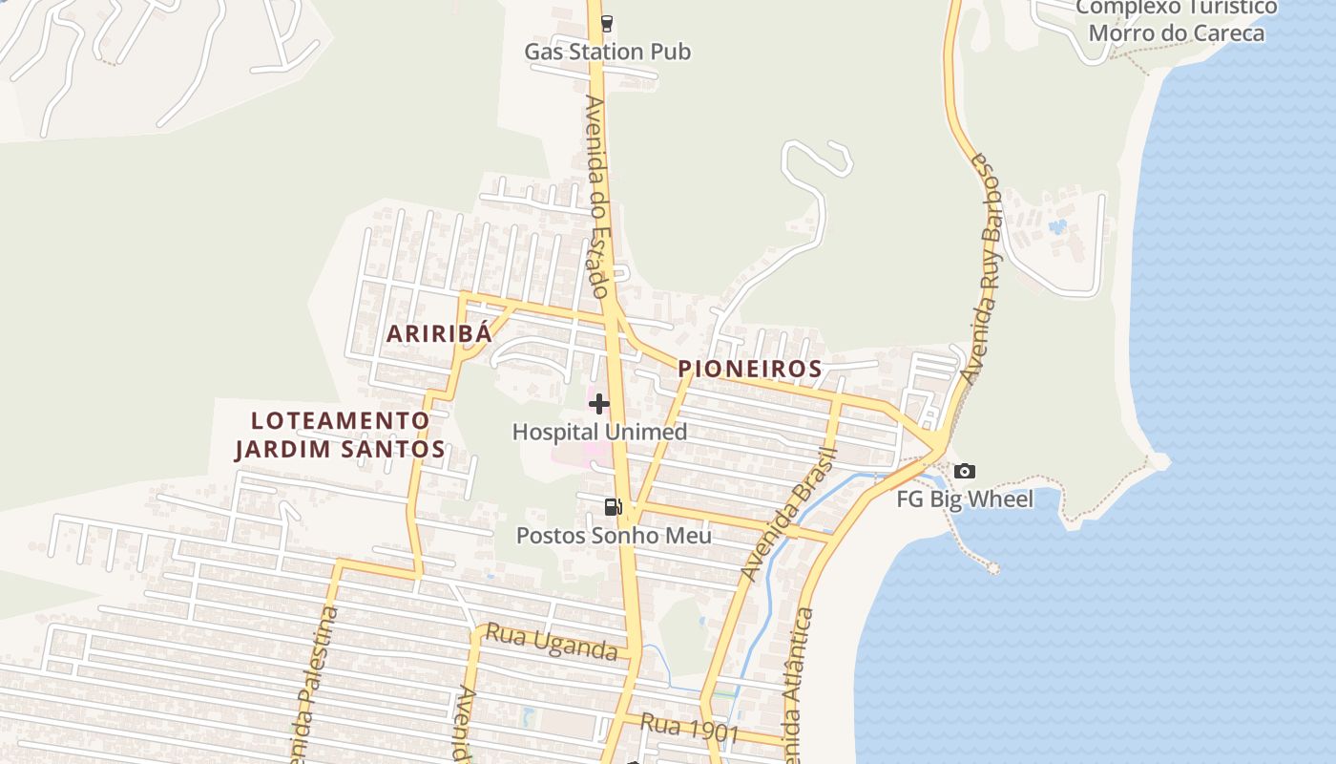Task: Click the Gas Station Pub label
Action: pos(607,52)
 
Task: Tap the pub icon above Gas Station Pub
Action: pos(607,24)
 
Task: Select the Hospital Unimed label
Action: pos(599,432)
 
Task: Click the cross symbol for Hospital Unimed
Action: pos(599,404)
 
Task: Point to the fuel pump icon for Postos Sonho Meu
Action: pos(613,507)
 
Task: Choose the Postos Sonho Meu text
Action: pos(614,536)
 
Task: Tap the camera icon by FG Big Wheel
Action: pos(965,471)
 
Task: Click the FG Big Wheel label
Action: pos(965,499)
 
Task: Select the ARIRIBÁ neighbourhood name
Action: pos(439,333)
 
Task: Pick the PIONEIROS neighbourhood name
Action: pos(750,369)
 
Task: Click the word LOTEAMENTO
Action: pos(340,420)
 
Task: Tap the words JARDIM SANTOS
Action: pos(340,449)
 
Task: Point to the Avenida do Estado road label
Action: pos(597,196)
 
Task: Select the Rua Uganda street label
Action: pos(551,642)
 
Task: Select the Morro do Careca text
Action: pos(1176,33)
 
